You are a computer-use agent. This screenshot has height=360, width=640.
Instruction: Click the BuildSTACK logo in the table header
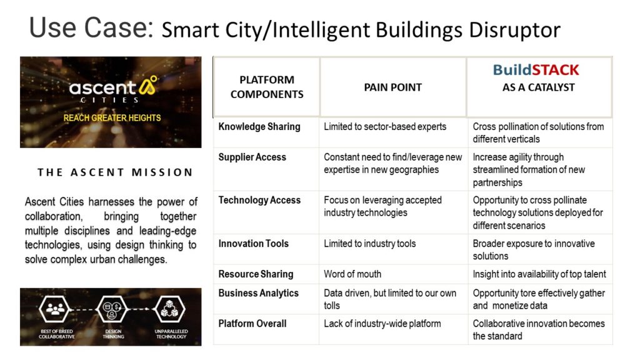coord(536,70)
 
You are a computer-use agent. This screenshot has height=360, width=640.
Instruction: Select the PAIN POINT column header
coord(392,87)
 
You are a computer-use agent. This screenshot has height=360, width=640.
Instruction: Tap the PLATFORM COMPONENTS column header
coord(267,87)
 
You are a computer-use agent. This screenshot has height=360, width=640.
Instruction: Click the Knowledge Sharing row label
coord(259,126)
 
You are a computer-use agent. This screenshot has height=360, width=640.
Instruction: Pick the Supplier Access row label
coord(252,157)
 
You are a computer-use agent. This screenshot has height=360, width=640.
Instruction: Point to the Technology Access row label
coord(259,200)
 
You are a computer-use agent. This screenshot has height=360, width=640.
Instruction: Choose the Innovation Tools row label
coord(254,244)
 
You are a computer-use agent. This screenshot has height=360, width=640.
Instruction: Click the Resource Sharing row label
coord(256,274)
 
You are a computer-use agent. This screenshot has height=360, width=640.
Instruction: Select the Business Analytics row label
coord(258,293)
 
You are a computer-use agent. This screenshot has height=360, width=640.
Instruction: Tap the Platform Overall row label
coord(252,324)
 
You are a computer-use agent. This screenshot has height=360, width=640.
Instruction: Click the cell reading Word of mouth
coord(352,274)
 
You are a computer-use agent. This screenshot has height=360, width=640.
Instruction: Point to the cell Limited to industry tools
coord(370,244)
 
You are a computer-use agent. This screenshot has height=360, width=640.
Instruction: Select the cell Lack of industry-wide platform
coord(382,324)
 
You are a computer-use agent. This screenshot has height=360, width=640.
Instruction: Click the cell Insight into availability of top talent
coord(539,274)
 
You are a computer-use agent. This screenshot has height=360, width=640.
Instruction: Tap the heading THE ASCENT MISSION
coord(115,172)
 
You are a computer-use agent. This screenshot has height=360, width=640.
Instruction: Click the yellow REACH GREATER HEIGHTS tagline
coord(112,118)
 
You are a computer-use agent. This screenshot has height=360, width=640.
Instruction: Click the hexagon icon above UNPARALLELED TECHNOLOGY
coord(170,309)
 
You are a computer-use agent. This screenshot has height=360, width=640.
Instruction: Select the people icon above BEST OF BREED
coord(55,309)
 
